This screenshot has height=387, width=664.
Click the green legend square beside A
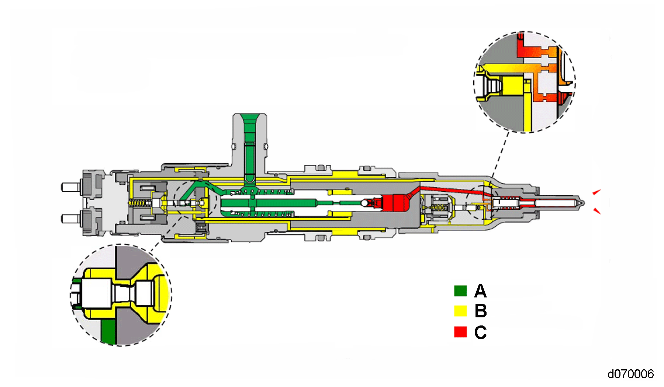click(460, 291)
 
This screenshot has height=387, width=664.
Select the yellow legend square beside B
click(460, 311)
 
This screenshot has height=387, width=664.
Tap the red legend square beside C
click(460, 331)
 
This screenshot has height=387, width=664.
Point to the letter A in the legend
click(480, 291)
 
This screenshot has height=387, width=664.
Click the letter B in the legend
click(481, 311)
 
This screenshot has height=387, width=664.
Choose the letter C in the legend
click(480, 332)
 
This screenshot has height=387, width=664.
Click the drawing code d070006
click(630, 374)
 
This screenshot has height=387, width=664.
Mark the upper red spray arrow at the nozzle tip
click(596, 192)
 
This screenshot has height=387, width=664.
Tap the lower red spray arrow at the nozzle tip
click(596, 211)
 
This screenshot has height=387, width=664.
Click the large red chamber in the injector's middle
click(395, 203)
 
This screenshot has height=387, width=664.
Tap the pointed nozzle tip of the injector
click(582, 203)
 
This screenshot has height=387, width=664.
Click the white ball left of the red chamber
click(364, 203)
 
